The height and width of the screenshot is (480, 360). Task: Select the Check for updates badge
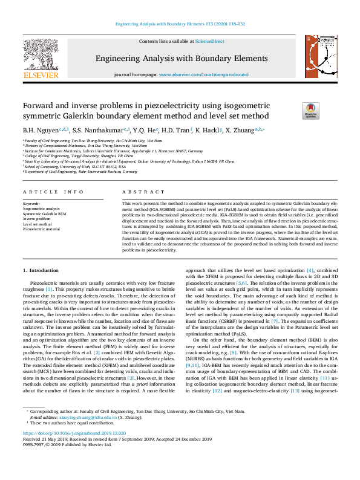(293, 110)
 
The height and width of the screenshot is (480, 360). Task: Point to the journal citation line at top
(180, 24)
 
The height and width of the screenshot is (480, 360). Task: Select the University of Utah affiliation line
(80, 166)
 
